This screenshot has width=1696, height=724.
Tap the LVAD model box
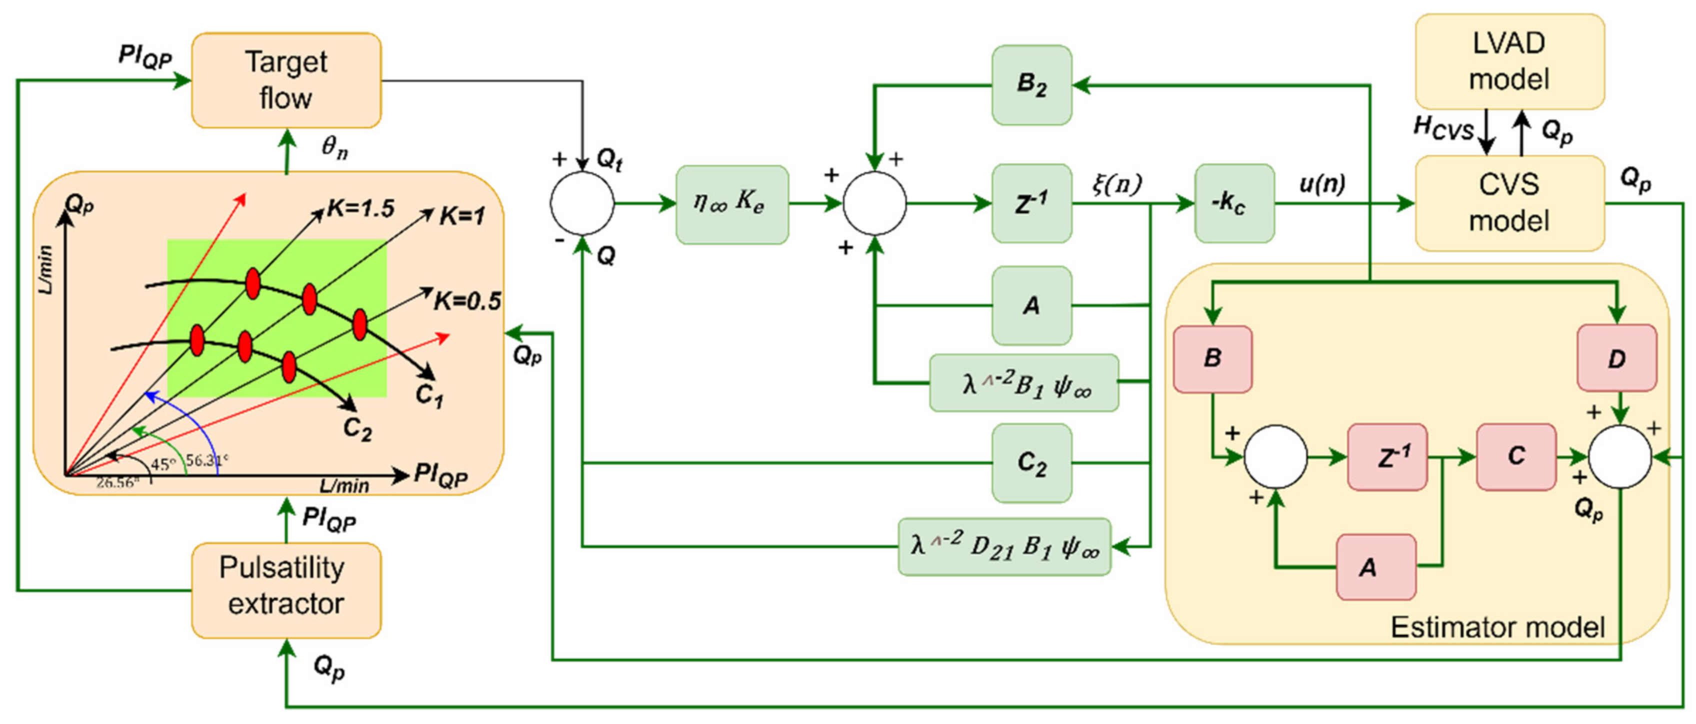[x=1509, y=61]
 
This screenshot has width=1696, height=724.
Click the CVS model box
[x=1509, y=202]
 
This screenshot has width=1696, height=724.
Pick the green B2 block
[x=1031, y=85]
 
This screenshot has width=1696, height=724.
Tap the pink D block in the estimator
[x=1616, y=358]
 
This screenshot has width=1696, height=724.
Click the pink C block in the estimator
[x=1515, y=456]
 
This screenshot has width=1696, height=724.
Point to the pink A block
[x=1375, y=566]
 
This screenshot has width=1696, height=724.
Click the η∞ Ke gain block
[x=731, y=204]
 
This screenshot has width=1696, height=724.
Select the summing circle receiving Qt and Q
[x=582, y=203]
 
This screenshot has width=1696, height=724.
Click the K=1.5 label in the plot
[x=361, y=208]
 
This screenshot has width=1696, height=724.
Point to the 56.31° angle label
[x=206, y=459]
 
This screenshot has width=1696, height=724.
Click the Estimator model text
[x=1496, y=627]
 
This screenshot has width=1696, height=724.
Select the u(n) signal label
[x=1321, y=183]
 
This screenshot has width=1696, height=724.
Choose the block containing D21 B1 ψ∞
[x=1004, y=546]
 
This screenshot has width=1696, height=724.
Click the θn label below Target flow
[x=334, y=147]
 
